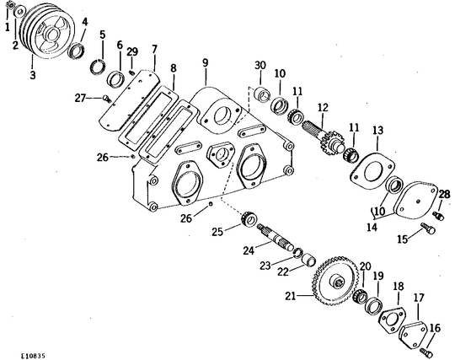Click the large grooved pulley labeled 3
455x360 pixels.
click(x=47, y=31)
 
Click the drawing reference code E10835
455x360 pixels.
click(x=33, y=355)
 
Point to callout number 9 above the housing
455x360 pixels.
click(x=206, y=63)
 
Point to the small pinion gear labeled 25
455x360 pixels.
click(x=249, y=218)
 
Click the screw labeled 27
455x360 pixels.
click(x=106, y=99)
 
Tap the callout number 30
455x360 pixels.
click(x=260, y=65)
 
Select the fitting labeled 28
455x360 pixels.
click(x=438, y=216)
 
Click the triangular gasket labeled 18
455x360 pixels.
click(x=393, y=320)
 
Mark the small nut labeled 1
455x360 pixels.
click(x=9, y=5)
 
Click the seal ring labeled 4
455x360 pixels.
click(x=77, y=51)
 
